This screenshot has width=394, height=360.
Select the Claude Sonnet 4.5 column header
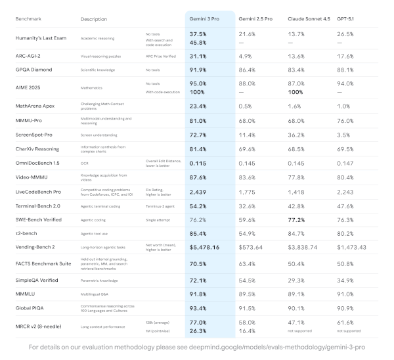(309, 19)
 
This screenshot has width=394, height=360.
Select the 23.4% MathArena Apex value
(199, 105)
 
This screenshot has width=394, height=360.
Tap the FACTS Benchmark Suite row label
(45, 265)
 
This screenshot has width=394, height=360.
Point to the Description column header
(93, 19)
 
